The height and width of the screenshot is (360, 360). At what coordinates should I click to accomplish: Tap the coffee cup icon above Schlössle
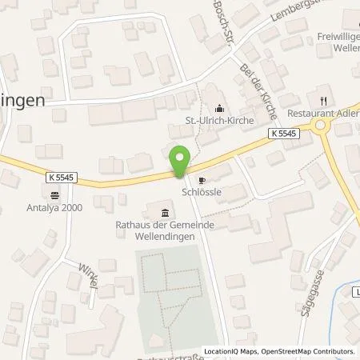tap(202, 181)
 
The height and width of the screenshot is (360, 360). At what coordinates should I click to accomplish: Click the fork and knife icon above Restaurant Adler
tap(324, 101)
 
